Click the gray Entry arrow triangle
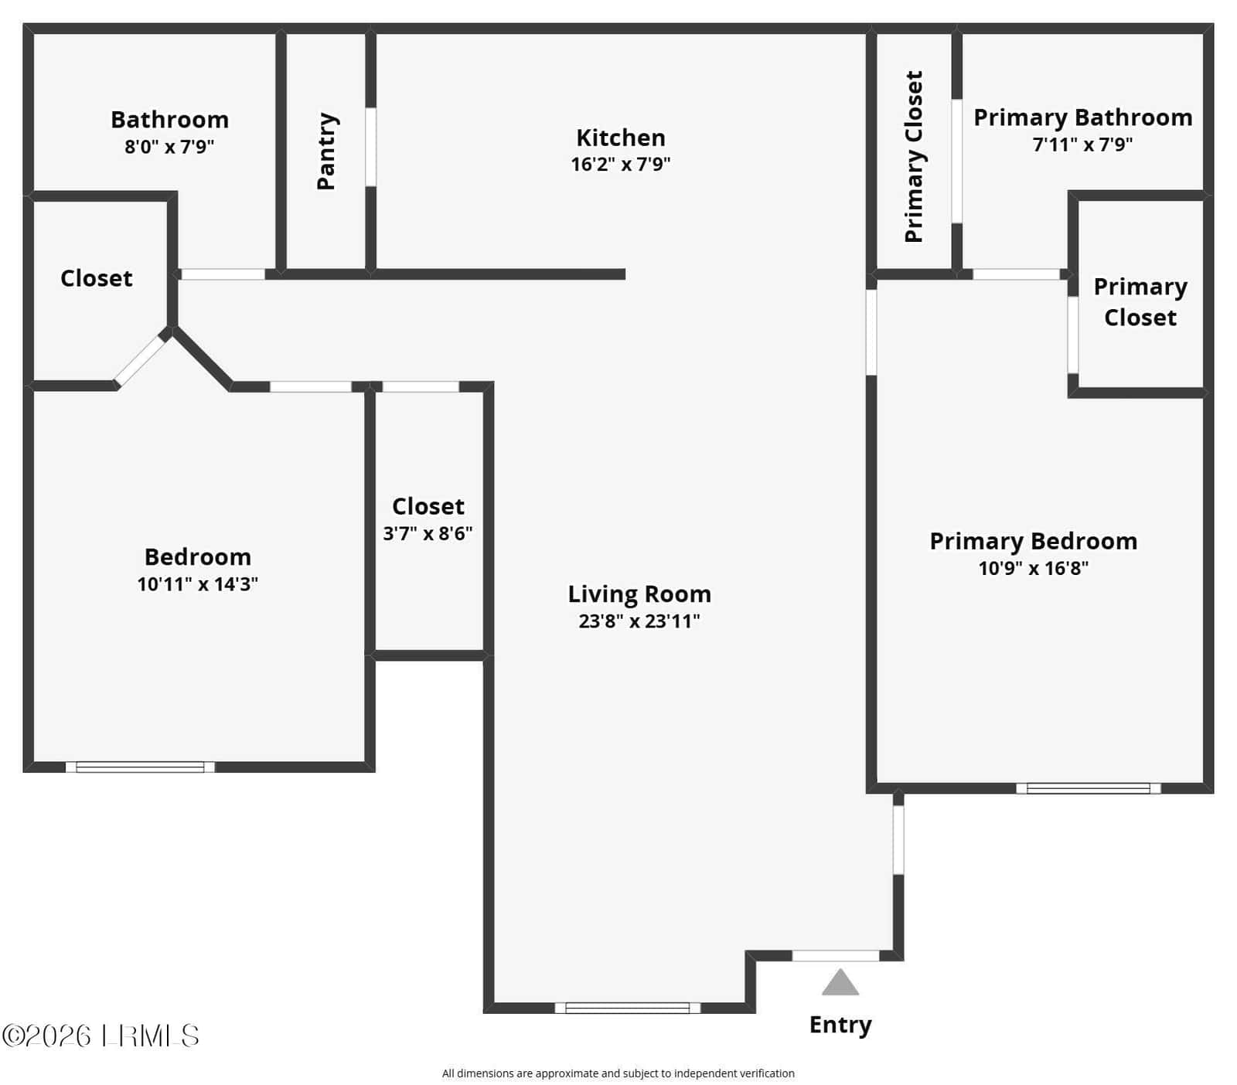pyautogui.click(x=840, y=982)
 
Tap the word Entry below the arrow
pyautogui.click(x=840, y=1025)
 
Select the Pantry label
pyautogui.click(x=327, y=151)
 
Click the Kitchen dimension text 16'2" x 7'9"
pyautogui.click(x=621, y=164)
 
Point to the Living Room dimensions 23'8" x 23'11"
pyautogui.click(x=639, y=621)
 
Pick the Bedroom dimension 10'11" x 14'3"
pyautogui.click(x=198, y=583)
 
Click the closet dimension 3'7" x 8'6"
pyautogui.click(x=428, y=533)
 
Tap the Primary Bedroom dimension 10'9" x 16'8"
pyautogui.click(x=1034, y=568)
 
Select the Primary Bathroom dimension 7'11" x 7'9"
pyautogui.click(x=1082, y=144)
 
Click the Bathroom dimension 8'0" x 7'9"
pyautogui.click(x=169, y=146)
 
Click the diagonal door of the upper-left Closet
pyautogui.click(x=141, y=360)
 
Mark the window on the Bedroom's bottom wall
pyautogui.click(x=140, y=767)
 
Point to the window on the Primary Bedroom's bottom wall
pyautogui.click(x=1089, y=788)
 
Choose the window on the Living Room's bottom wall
pyautogui.click(x=628, y=1008)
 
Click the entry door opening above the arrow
pyautogui.click(x=836, y=956)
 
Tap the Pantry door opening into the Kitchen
pyautogui.click(x=371, y=147)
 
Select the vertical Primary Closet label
pyautogui.click(x=914, y=156)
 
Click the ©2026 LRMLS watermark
pyautogui.click(x=101, y=1036)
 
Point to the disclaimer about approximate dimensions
pyautogui.click(x=618, y=1073)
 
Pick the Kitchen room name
pyautogui.click(x=621, y=138)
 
